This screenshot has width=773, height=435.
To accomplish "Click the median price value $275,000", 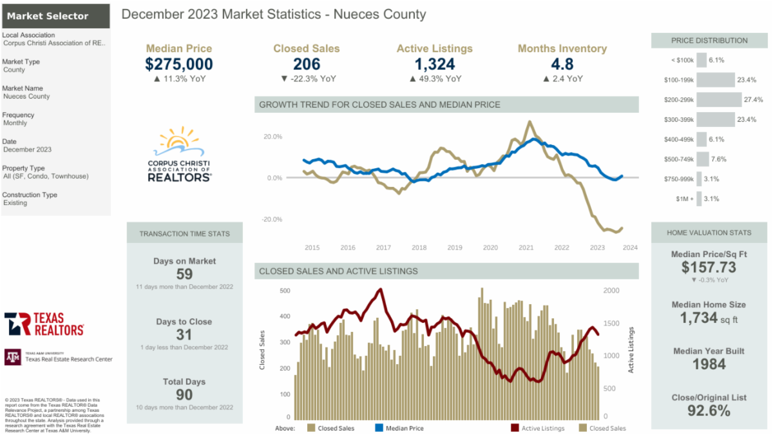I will [179, 64].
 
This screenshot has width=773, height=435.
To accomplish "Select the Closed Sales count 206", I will [307, 64].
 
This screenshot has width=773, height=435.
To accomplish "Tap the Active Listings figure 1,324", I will [435, 64].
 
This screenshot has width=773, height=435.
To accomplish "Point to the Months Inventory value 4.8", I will [562, 64].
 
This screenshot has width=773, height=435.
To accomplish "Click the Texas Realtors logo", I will [44, 324].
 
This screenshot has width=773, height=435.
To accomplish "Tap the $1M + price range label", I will [683, 199].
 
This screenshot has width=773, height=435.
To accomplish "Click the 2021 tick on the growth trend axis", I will [526, 247].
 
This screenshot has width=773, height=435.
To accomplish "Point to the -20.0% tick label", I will [272, 219].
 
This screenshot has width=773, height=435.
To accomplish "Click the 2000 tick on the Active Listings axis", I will [611, 291].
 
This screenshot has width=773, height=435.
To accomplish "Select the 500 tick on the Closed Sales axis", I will [285, 291].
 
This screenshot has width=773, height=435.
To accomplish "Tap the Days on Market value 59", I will [184, 273].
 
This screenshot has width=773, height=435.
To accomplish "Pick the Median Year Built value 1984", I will [709, 364].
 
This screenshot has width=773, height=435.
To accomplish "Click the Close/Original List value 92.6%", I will [709, 411].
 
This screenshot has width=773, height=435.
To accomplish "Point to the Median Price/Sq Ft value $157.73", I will [709, 267].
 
